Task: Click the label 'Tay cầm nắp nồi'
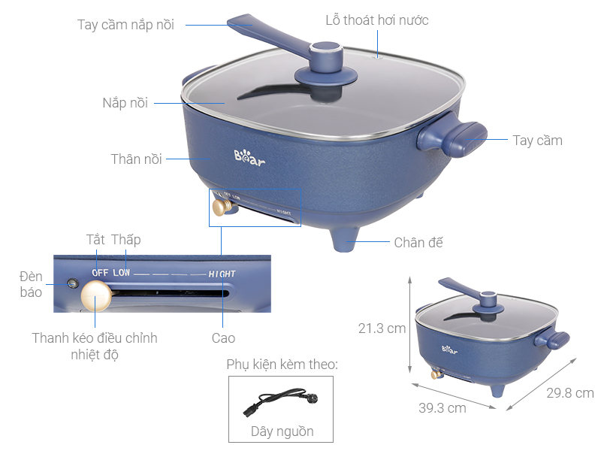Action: point(125,25)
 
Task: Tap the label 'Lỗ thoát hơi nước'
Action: point(376,20)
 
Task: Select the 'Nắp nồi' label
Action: point(125,102)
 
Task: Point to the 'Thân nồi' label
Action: point(135,159)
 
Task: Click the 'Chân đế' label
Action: point(418,242)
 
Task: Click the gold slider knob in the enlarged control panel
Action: point(95,296)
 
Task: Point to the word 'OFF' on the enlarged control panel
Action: point(100,272)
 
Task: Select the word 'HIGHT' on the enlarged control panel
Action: point(222,274)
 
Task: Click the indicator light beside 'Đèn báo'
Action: point(72,284)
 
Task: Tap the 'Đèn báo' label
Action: point(31,284)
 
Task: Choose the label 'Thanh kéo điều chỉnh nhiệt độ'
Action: point(95,346)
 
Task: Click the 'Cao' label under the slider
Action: point(223,338)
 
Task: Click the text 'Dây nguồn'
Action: point(282,431)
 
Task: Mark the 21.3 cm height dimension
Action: point(382,328)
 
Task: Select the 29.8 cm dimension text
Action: point(570,393)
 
